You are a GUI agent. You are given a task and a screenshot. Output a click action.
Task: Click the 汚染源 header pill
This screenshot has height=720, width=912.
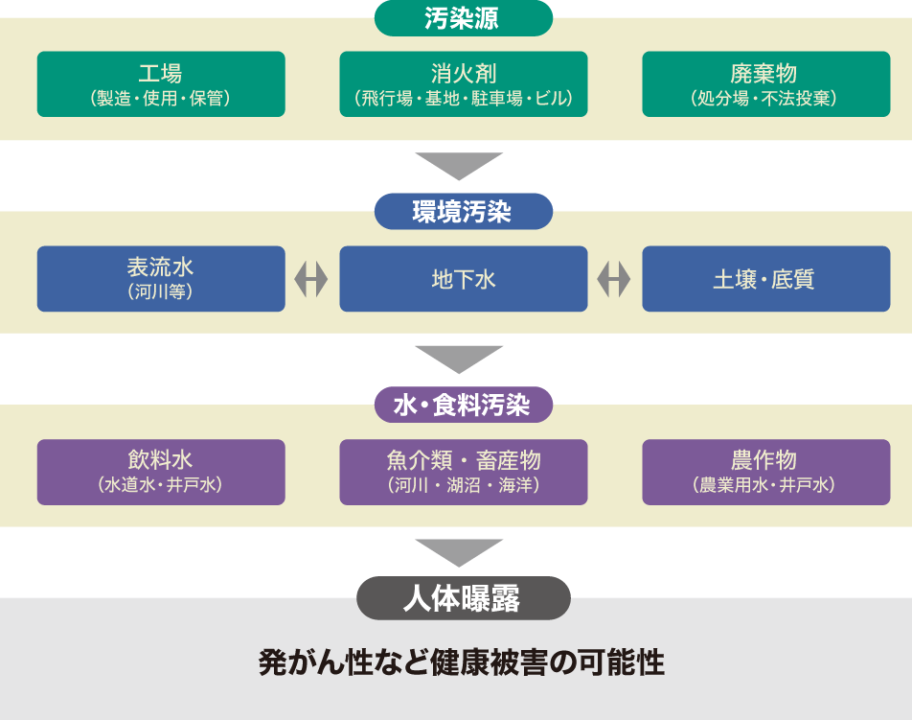(x=463, y=18)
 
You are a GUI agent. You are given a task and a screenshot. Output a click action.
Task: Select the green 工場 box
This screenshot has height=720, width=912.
(x=161, y=84)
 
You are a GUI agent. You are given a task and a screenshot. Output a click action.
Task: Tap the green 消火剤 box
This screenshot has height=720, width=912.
(x=463, y=84)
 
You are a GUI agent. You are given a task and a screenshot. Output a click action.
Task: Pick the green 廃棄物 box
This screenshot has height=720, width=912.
(x=764, y=84)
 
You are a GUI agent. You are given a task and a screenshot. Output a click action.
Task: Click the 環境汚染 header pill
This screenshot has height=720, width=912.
(x=463, y=212)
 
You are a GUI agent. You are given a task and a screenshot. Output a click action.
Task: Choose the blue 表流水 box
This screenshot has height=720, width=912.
(x=161, y=279)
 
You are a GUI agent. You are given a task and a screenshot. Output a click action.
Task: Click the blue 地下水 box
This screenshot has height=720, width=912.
(x=463, y=279)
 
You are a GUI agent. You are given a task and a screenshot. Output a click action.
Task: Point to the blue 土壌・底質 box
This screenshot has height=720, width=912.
(x=764, y=279)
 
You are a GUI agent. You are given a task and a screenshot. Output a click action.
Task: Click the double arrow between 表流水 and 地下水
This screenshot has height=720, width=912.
(x=311, y=279)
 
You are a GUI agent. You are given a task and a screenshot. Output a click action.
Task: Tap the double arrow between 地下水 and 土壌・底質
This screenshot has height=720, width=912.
(x=614, y=279)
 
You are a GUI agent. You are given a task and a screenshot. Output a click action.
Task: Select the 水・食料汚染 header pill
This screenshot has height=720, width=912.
(x=463, y=405)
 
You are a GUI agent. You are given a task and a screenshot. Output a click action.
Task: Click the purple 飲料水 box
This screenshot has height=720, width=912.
(x=161, y=472)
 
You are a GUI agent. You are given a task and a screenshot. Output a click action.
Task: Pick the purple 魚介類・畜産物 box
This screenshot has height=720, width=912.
(x=463, y=472)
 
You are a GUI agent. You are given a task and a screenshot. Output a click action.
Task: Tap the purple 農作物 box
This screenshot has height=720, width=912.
(x=764, y=472)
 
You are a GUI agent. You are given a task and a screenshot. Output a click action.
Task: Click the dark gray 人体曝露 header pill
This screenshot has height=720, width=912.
(x=463, y=599)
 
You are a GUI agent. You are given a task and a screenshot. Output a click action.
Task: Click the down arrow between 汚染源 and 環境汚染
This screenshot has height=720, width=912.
(x=459, y=165)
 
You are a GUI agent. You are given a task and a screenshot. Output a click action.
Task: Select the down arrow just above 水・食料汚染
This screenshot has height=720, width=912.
(x=459, y=359)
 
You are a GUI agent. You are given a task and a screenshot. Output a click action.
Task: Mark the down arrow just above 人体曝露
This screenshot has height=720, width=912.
(x=459, y=552)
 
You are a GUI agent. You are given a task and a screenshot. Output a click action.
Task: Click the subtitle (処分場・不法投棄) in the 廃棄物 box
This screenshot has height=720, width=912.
(x=764, y=99)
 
